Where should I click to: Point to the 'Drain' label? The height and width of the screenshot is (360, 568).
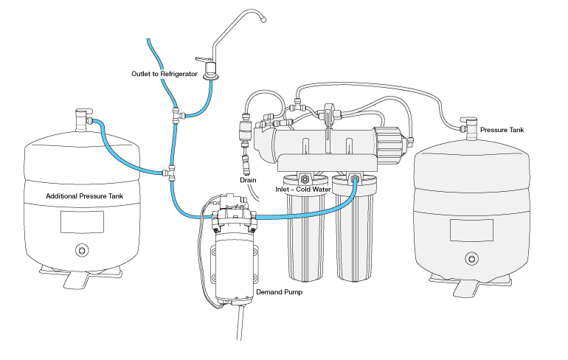coord(248,180)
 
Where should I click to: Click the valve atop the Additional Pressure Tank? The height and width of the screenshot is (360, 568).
coord(81,118)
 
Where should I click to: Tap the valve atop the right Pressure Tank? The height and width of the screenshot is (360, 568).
coord(468,127)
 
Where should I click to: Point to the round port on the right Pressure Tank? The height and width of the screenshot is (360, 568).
coord(470,257)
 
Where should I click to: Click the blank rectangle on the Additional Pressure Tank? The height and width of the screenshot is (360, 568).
coord(81,222)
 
